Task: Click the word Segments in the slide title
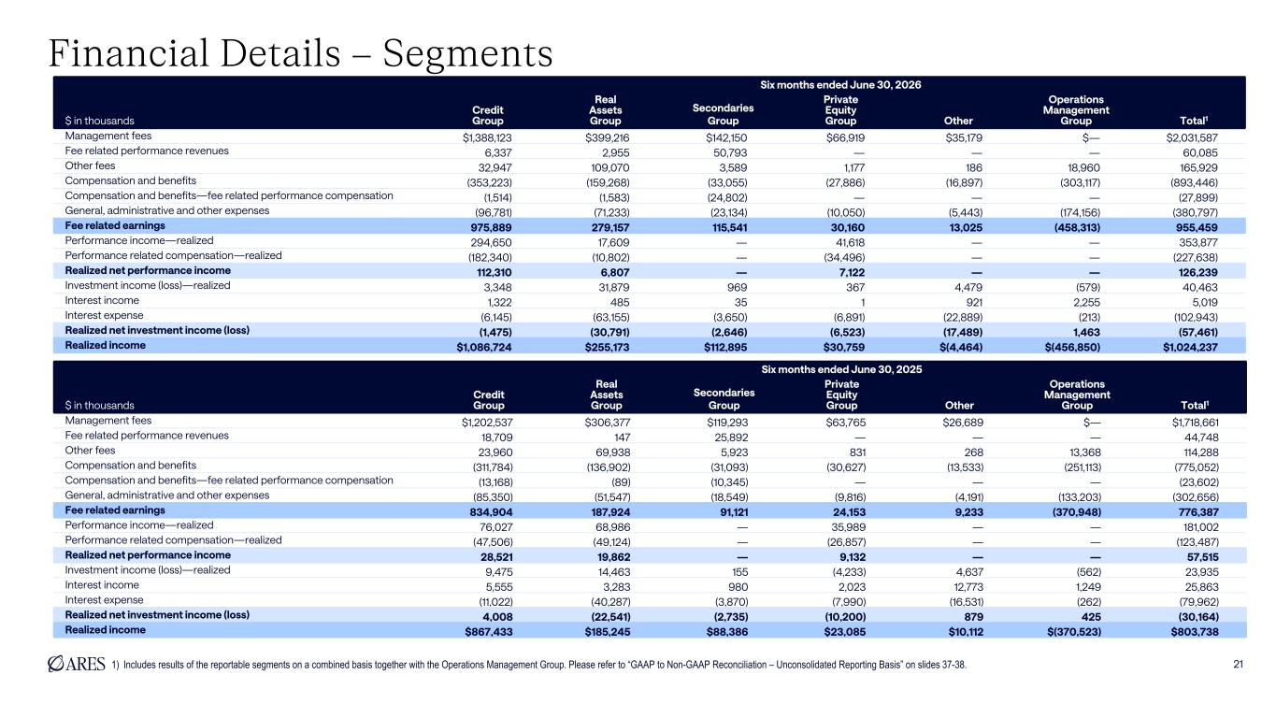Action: (467, 54)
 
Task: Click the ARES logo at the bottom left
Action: (77, 664)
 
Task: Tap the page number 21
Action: (1238, 664)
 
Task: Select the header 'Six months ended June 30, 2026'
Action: (840, 85)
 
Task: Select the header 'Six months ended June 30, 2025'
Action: (841, 369)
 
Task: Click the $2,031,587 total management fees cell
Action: (1192, 138)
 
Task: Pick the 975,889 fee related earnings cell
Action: (491, 227)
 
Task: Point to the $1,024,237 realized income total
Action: (1190, 347)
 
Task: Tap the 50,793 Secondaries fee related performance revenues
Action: (730, 152)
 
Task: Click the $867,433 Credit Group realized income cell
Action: (489, 631)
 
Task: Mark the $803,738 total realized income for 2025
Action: (1195, 631)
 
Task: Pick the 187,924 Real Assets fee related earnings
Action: (610, 511)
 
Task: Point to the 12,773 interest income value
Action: (968, 587)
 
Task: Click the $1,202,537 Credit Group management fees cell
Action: (487, 423)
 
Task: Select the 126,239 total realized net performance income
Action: (1198, 272)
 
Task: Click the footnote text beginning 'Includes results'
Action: (545, 665)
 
